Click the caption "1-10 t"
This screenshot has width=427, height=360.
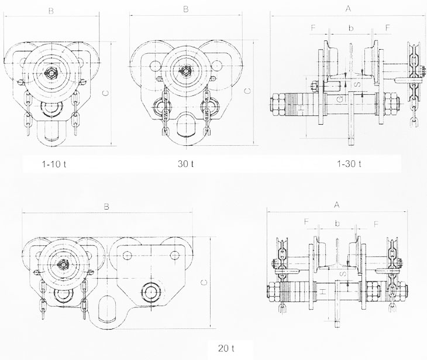click(54, 164)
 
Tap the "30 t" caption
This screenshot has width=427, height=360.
click(185, 164)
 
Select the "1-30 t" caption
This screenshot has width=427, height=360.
click(349, 164)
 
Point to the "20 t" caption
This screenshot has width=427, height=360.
click(226, 348)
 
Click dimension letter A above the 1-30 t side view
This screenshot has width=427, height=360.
click(348, 9)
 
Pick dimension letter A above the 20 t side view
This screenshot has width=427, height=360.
click(337, 205)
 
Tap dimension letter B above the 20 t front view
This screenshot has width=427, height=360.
click(106, 207)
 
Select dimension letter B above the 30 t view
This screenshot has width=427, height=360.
click(186, 9)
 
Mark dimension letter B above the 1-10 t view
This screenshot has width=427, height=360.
click(51, 11)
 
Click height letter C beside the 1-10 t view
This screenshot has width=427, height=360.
click(106, 93)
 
